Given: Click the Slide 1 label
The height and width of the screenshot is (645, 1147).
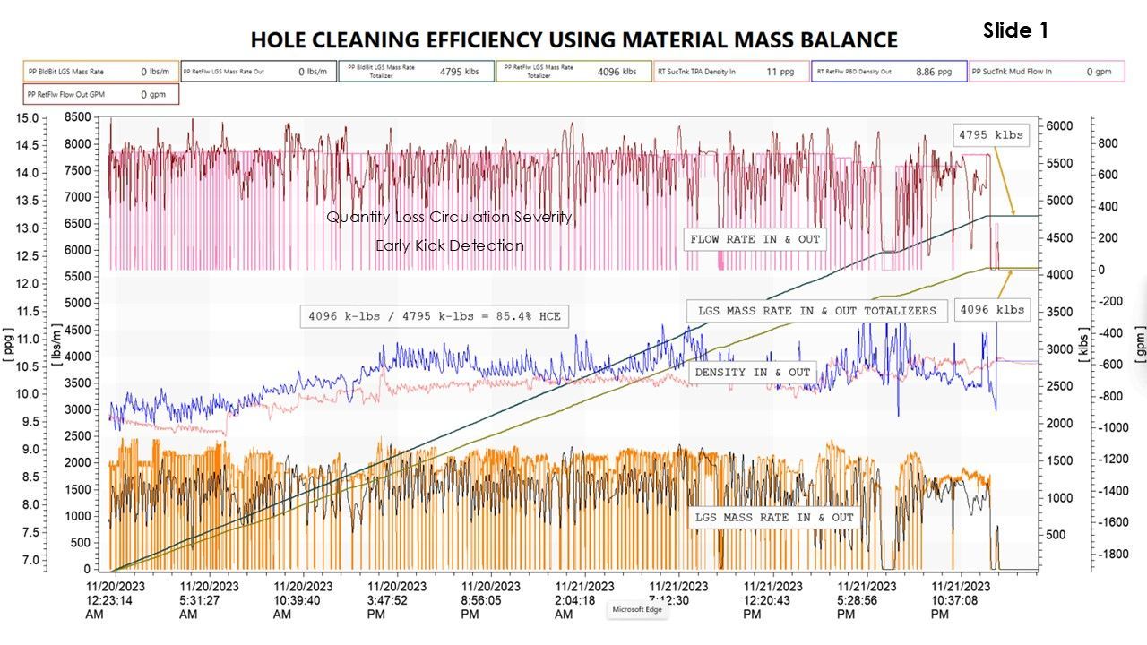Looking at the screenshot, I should pyautogui.click(x=1015, y=30).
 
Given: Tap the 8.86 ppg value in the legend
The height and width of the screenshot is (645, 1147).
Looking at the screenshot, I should pyautogui.click(x=933, y=71).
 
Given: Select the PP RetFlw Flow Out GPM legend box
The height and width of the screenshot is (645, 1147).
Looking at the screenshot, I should pyautogui.click(x=101, y=93).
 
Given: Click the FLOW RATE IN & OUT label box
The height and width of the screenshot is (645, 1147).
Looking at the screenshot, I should pyautogui.click(x=755, y=239).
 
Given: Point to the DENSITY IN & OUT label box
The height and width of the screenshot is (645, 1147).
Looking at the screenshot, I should pyautogui.click(x=753, y=372).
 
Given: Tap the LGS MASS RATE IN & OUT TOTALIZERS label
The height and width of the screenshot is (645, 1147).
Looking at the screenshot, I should pyautogui.click(x=816, y=311).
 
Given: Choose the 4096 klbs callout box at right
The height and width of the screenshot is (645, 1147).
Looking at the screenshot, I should pyautogui.click(x=991, y=309).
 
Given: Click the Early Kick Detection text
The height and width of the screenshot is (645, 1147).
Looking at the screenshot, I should pyautogui.click(x=449, y=245).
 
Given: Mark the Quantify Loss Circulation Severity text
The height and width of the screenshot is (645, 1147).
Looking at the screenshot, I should pyautogui.click(x=449, y=217).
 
